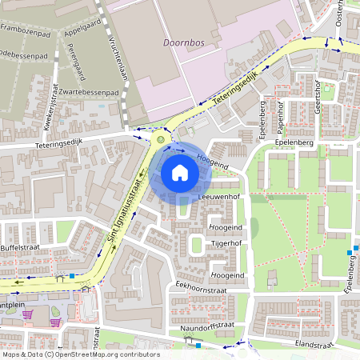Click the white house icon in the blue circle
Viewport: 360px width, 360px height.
click(180, 173)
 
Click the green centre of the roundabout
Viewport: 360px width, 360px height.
click(161, 138)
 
